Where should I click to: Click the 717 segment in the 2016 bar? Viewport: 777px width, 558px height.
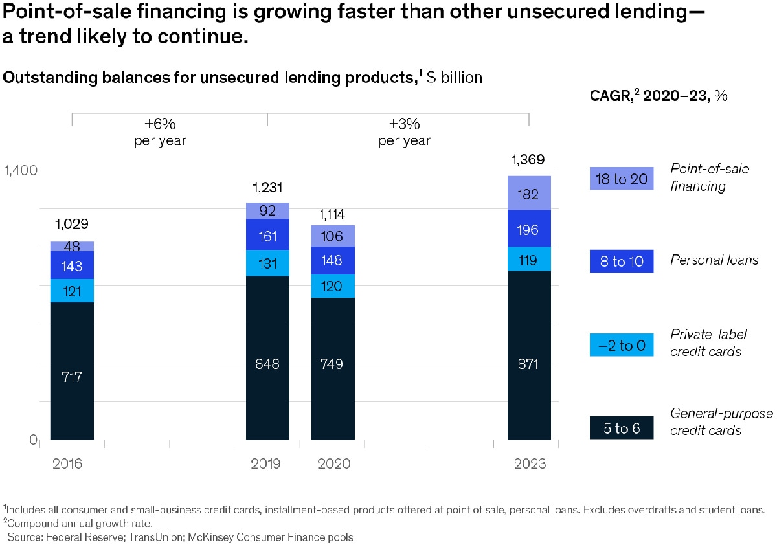pos(72,375)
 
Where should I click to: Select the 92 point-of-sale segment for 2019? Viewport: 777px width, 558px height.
pos(267,210)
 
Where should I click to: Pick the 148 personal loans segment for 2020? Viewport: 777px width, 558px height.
pos(332,260)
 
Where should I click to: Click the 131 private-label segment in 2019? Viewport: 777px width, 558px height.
pos(267,263)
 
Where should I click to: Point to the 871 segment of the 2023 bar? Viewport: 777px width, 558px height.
pos(529,364)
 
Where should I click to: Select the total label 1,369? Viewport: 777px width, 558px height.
pos(528,160)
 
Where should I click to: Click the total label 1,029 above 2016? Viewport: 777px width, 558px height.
pos(72,225)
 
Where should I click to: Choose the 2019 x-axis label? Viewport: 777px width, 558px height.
pos(265,464)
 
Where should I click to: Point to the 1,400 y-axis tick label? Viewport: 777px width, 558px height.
pos(21,171)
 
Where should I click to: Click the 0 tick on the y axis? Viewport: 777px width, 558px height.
pos(32,440)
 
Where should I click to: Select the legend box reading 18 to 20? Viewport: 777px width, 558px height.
pos(621,179)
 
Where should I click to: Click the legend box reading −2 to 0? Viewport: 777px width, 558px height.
pos(621,345)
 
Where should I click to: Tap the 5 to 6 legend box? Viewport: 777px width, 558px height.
pos(621,428)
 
